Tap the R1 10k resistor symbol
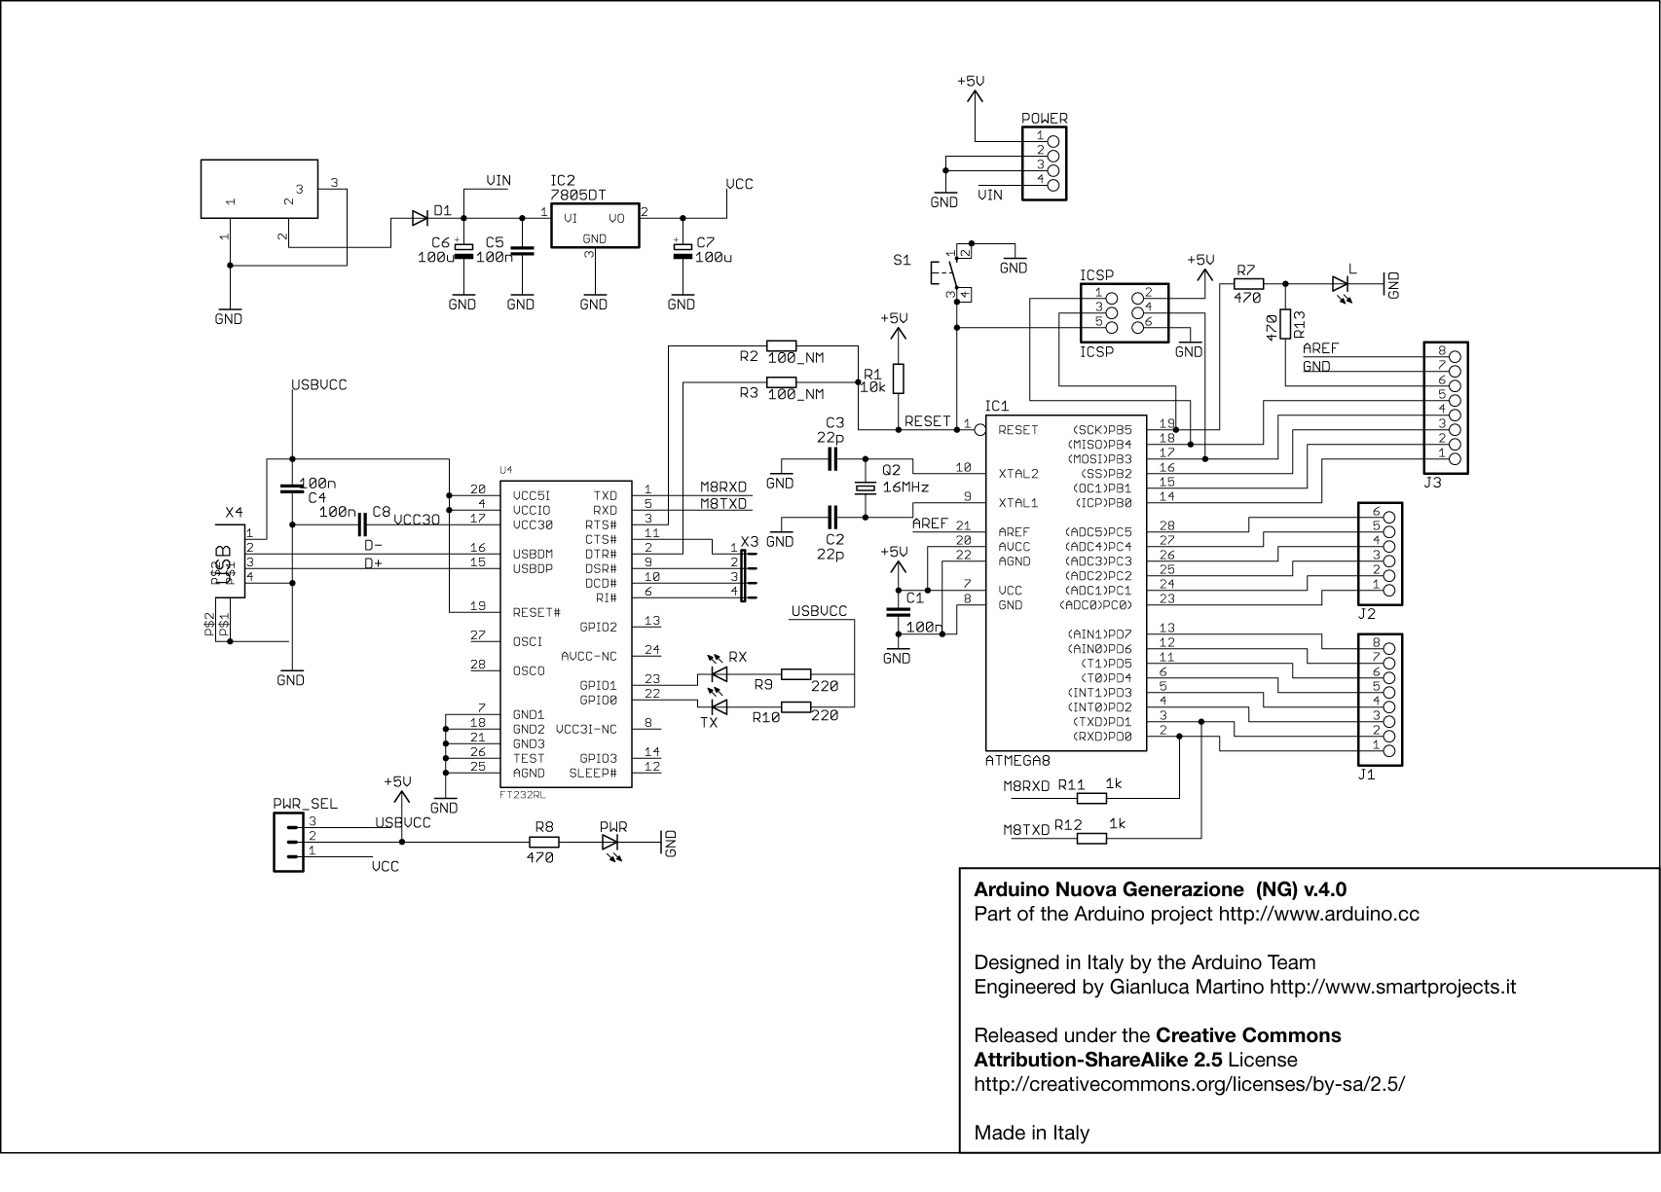898,379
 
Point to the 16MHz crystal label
904,487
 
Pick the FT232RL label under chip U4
521,794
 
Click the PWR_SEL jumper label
305,804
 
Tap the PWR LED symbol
613,842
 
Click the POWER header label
1044,119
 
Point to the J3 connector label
1432,482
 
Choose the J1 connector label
1366,775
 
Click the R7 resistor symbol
1248,284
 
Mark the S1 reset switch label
902,261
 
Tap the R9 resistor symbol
796,673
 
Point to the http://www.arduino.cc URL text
1318,914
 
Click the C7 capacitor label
706,241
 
